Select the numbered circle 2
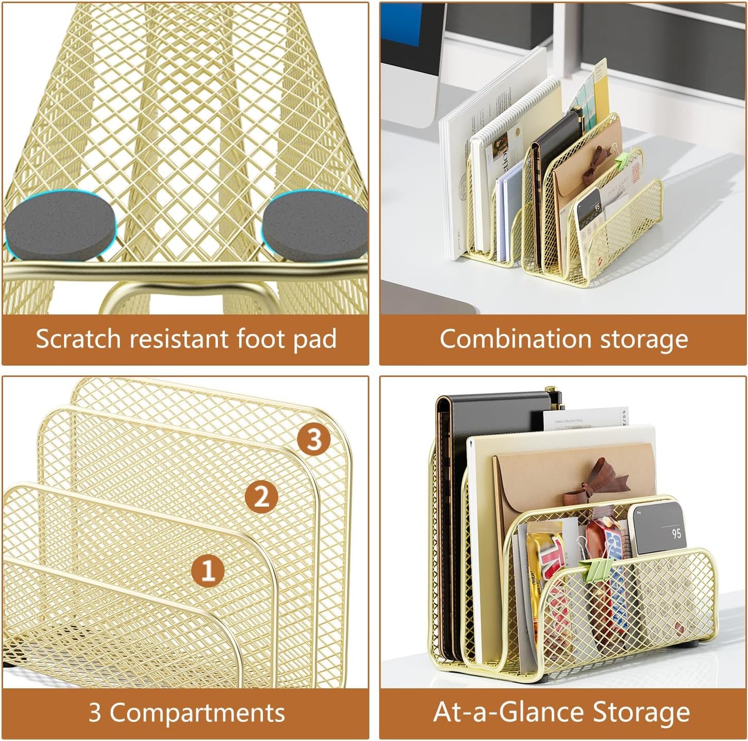coord(262,497)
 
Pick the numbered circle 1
coord(208,571)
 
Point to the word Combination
coord(515,339)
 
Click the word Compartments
coord(197,713)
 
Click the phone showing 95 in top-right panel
coord(590,212)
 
